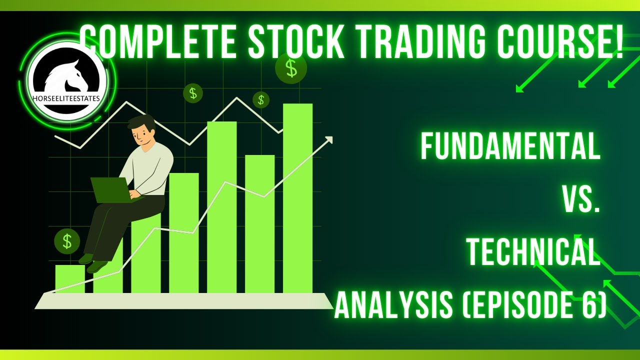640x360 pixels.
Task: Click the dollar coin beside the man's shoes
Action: click(67, 241)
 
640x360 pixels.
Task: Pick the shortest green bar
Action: click(69, 279)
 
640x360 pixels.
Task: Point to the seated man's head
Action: click(141, 130)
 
